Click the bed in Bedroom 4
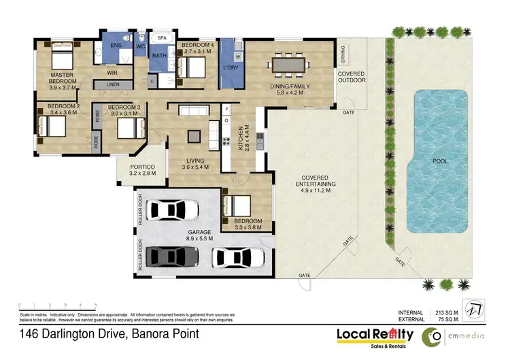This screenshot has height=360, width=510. pyautogui.click(x=192, y=67)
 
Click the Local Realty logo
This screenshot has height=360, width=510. pyautogui.click(x=375, y=336)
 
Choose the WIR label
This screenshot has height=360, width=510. pyautogui.click(x=113, y=71)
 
